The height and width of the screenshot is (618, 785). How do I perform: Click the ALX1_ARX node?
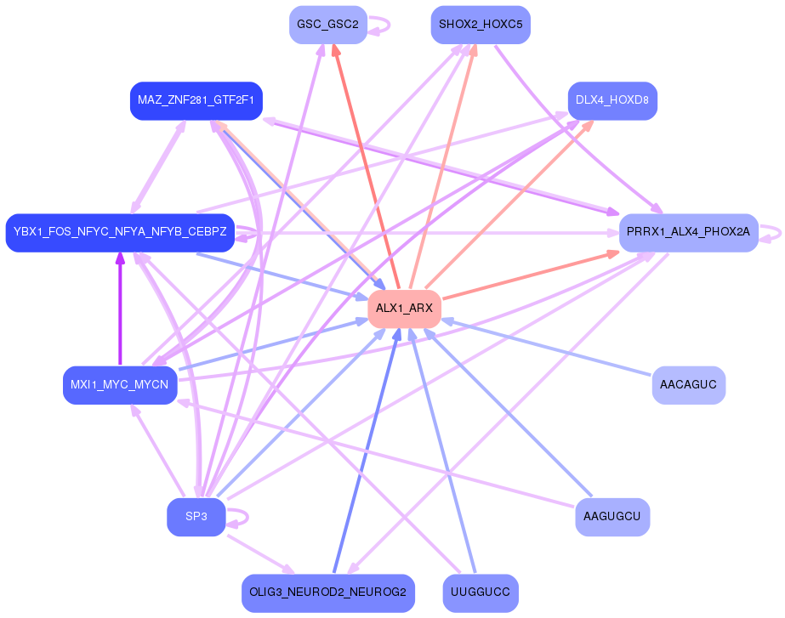[x=404, y=308]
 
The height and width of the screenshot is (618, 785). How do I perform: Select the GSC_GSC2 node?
[x=327, y=25]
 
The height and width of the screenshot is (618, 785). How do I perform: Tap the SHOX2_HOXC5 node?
[x=481, y=25]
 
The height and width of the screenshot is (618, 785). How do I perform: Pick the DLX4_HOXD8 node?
[x=612, y=100]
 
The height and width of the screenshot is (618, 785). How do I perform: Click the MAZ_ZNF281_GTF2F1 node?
[x=196, y=100]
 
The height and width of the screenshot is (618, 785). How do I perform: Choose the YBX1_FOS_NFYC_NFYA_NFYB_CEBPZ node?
[x=120, y=232]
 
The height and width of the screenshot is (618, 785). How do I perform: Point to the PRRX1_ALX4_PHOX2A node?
[x=688, y=232]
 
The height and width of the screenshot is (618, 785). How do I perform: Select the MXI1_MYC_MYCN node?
[x=120, y=385]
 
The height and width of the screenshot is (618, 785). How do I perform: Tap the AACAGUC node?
[x=688, y=385]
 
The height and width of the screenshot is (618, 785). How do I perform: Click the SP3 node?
[x=196, y=517]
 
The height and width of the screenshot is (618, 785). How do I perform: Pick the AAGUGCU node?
[x=612, y=517]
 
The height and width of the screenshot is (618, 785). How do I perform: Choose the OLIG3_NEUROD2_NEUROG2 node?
[x=327, y=592]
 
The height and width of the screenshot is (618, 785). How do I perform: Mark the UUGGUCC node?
[x=481, y=592]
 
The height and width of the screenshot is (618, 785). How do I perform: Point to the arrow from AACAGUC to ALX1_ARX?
[x=553, y=348]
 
